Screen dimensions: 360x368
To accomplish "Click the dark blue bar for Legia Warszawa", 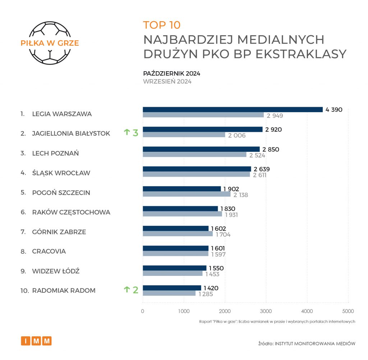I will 233,110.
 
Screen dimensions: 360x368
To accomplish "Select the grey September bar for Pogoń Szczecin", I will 187,194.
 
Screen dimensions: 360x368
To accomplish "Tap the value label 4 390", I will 334,110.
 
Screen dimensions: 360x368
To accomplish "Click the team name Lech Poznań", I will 55,153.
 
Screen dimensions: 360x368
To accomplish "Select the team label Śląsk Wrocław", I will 61,173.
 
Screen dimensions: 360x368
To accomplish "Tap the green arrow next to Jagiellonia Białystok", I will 126,133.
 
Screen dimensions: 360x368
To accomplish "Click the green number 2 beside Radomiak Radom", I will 135,290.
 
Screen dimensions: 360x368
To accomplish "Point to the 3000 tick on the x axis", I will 266,311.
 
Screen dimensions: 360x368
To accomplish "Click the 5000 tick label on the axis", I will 348,311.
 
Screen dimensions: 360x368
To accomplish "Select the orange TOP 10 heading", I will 162,25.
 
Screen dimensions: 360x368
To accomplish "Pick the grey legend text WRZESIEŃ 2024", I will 167,81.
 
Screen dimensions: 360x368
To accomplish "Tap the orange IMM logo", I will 36,341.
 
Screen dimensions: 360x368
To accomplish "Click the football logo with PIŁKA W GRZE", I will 50,43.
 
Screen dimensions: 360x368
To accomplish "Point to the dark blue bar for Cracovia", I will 175,248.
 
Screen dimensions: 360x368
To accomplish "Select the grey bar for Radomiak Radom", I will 169,293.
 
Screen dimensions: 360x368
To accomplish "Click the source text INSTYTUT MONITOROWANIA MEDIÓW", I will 315,343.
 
